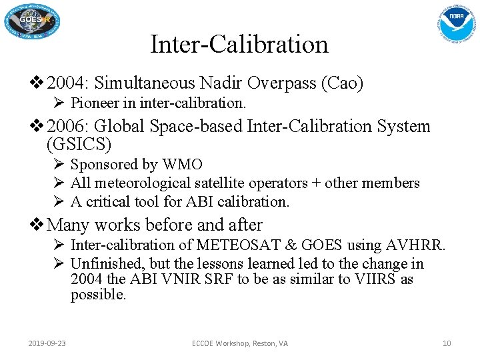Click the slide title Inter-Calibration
(x=239, y=45)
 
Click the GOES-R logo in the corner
(x=33, y=22)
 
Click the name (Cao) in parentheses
(x=342, y=83)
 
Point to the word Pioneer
(x=93, y=103)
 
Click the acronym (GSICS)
(x=79, y=143)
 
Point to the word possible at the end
(x=97, y=295)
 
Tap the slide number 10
(x=447, y=343)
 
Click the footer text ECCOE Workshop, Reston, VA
(x=240, y=343)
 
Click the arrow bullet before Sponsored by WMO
(x=59, y=164)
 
